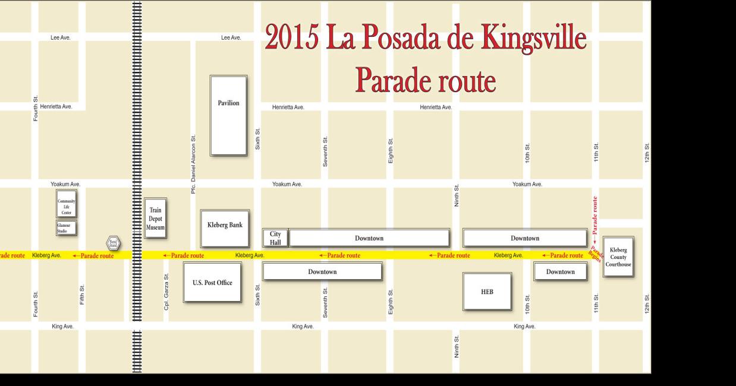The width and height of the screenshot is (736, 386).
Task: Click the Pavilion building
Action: tap(228, 115)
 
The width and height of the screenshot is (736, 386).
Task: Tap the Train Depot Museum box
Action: tap(155, 218)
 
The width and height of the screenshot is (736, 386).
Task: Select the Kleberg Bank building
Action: tap(225, 228)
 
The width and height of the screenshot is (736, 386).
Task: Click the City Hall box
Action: tap(275, 238)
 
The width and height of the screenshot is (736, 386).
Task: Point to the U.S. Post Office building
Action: tap(212, 283)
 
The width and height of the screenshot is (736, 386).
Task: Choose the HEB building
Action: tap(487, 292)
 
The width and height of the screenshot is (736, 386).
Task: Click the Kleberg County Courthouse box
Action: tap(618, 257)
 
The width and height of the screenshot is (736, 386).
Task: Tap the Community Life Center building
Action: tap(66, 205)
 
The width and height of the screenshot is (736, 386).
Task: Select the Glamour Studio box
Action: tap(66, 228)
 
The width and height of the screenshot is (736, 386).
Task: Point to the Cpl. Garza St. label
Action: tap(166, 291)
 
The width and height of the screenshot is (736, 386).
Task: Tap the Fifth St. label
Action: tap(82, 295)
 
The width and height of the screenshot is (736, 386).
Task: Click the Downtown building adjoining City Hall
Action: tap(369, 238)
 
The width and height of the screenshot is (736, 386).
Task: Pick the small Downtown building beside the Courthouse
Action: tap(560, 271)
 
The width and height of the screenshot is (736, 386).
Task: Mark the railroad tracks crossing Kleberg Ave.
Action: tap(136, 255)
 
